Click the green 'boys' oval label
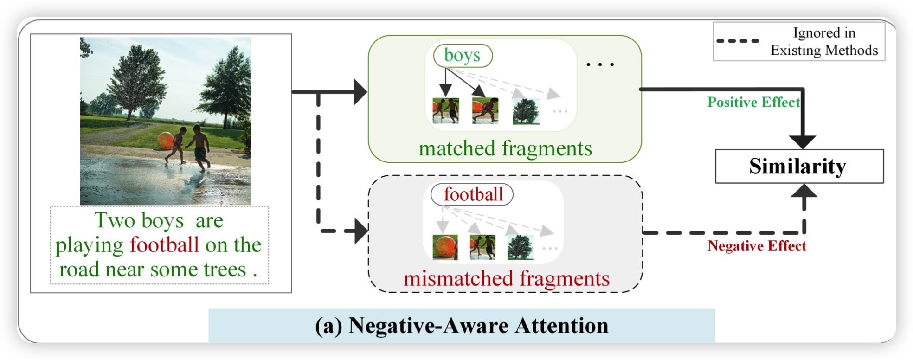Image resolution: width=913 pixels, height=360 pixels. coord(463,55)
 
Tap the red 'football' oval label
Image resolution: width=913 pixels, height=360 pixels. coord(472,194)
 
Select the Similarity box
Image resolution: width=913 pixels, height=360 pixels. coord(799,166)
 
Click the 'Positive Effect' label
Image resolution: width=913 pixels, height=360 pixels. coord(753,102)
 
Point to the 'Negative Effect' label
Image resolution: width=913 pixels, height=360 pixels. coord(757,246)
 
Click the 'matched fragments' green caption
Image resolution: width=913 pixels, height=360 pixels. coord(505,149)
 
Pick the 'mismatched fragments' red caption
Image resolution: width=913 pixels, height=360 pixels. coord(506,279)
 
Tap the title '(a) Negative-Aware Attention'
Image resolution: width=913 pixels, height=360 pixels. coord(462,326)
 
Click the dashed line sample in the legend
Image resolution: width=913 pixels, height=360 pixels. coord(738,41)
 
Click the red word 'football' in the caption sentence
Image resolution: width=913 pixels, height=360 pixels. coord(164,244)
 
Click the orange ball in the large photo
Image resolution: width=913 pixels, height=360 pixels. coord(166,141)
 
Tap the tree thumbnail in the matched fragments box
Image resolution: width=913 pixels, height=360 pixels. coord(526,111)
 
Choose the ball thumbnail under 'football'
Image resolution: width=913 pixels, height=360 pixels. coord(445,247)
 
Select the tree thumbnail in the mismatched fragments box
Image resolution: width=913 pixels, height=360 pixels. coord(520,247)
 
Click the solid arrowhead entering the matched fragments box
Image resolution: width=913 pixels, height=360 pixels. coord(360,92)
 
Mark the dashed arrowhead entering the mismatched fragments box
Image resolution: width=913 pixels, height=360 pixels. coord(361,231)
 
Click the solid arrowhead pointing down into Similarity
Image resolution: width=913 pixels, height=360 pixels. coord(803,142)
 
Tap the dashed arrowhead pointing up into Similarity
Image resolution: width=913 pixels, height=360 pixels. coord(804,191)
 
